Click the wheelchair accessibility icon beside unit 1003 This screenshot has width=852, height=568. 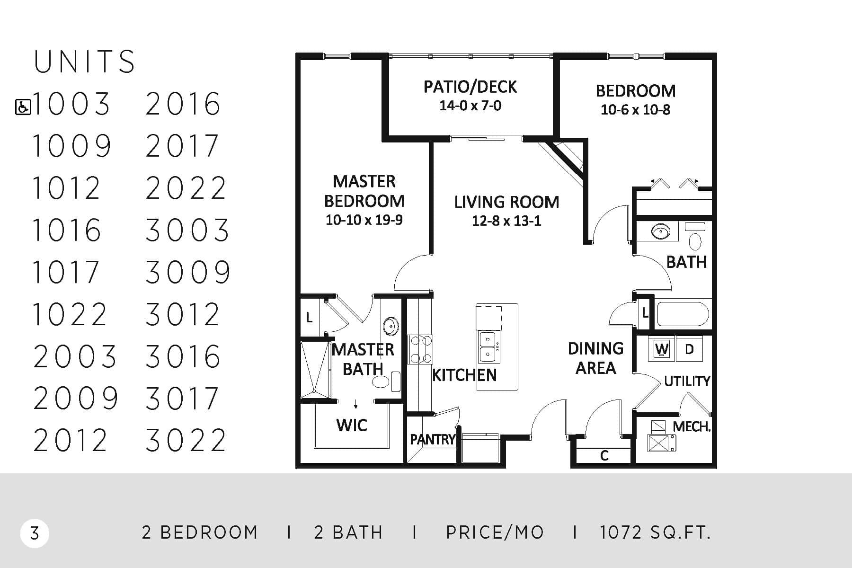pos(23,107)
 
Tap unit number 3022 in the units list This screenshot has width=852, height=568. pos(186,440)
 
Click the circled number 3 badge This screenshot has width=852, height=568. pos(35,533)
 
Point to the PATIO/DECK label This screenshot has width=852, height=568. pos(470,87)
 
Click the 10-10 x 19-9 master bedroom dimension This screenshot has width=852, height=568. pos(364,220)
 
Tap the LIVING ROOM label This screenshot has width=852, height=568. pos(506,202)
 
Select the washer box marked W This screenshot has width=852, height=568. pos(662,349)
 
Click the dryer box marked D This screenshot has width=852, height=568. pos(689,349)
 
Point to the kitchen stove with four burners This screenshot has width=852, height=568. pos(420,349)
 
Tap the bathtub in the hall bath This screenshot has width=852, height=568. pos(683,314)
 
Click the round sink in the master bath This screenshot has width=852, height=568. pos(391,326)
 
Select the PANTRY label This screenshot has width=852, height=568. pos(432,440)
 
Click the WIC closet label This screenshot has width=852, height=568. pos(352,425)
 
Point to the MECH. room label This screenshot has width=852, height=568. pos(692,426)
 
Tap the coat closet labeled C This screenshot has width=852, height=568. pos(604,455)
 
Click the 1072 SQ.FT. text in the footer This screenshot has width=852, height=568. pos(655,533)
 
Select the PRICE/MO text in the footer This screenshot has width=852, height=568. pos(495,533)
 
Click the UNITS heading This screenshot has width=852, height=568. pos(84,62)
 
